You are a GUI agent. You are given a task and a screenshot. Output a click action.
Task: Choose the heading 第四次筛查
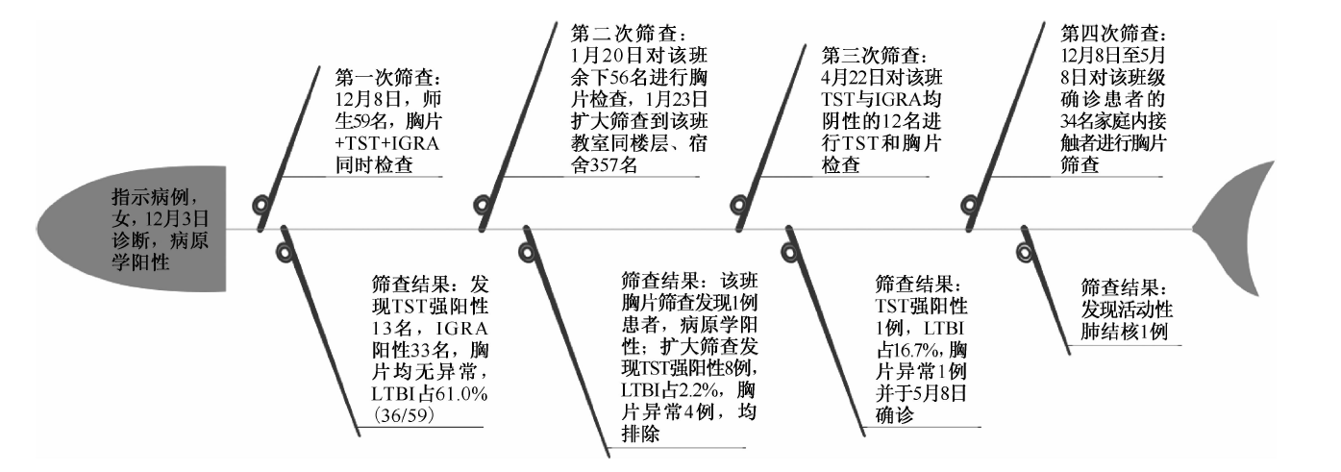pos(1114,33)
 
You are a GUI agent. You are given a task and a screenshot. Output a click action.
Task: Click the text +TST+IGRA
pos(387,143)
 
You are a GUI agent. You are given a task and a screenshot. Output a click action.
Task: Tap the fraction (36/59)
pos(402,415)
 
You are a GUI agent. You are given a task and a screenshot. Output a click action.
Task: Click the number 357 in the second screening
pos(607,164)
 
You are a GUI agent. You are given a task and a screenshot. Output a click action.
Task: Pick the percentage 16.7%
pos(920,350)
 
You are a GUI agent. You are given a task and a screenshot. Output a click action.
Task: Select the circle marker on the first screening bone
pos(262,206)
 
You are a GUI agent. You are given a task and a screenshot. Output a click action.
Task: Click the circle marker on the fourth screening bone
pos(970,206)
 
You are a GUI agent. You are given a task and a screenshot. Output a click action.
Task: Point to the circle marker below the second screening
pos(528,253)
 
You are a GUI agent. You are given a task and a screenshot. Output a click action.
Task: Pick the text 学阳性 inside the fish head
pos(140,262)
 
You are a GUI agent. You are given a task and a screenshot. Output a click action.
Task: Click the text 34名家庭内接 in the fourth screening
pos(1113,121)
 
